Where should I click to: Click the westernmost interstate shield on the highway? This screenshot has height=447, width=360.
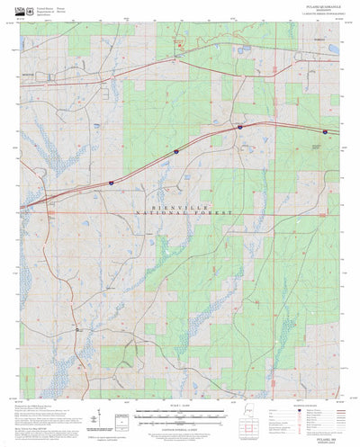pyautogui.click(x=111, y=182)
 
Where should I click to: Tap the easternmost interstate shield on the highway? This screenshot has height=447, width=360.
pyautogui.click(x=239, y=128)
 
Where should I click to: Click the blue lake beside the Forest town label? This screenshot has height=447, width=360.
pyautogui.click(x=334, y=49)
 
